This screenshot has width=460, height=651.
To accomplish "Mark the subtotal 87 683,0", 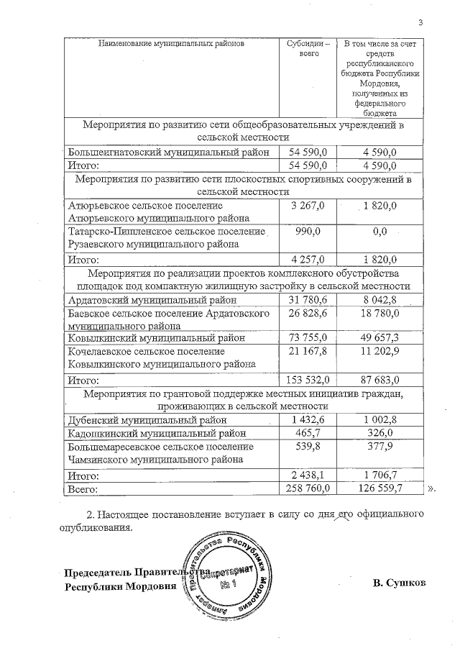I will point(380,379).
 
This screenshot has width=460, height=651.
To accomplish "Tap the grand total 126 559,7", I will point(380,488).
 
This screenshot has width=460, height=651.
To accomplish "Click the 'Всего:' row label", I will point(82,488).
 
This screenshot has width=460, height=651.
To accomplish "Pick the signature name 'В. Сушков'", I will point(400,582).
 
